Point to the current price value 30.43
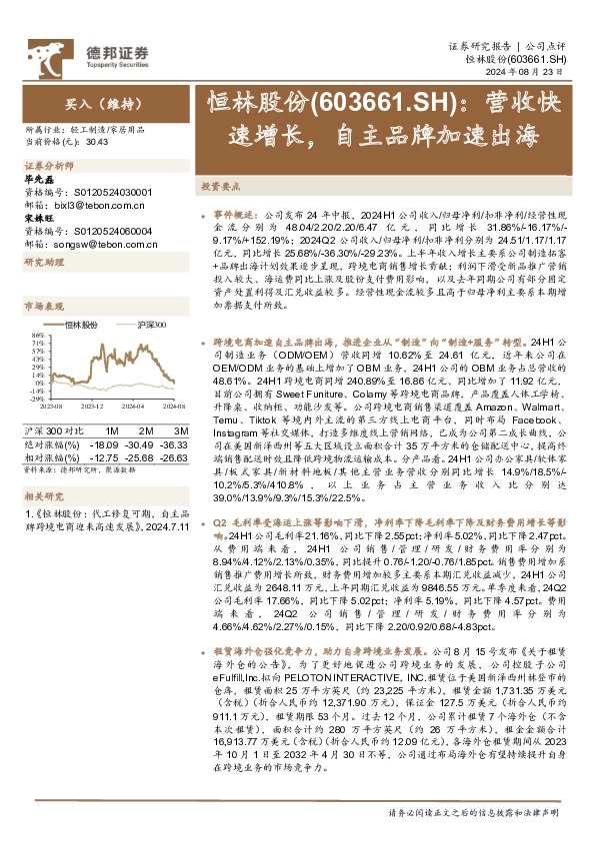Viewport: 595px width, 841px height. (97, 140)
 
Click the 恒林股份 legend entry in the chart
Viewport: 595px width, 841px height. (81, 326)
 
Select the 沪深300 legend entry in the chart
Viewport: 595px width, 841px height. (150, 326)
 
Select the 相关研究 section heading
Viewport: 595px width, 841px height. (44, 495)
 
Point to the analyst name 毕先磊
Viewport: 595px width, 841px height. (38, 178)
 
